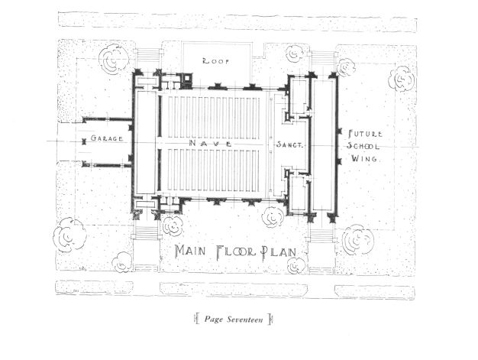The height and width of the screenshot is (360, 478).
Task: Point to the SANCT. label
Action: coord(289,144)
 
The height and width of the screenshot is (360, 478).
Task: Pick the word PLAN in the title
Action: coord(279,251)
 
